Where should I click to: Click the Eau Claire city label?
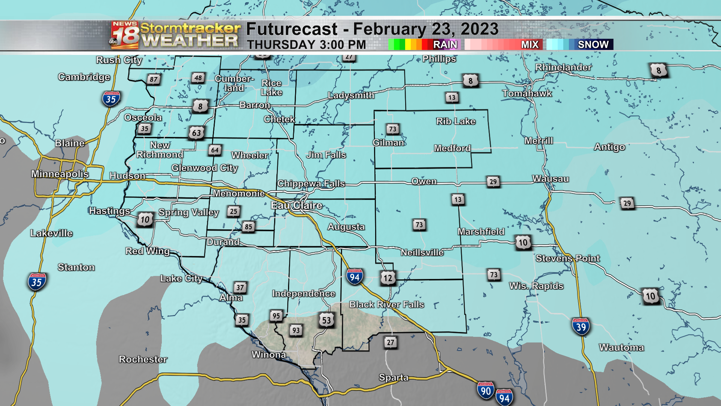(x=297, y=205)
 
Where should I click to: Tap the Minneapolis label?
(x=60, y=174)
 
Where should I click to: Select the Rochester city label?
(x=143, y=359)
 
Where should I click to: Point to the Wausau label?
(x=551, y=179)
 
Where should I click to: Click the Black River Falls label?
(x=386, y=304)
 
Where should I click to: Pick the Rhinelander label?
(x=563, y=67)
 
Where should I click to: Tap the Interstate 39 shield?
(x=581, y=327)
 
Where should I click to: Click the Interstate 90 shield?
(x=486, y=391)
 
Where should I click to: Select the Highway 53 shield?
(x=326, y=320)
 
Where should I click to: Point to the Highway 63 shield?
(x=196, y=133)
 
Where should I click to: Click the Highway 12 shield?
(x=388, y=278)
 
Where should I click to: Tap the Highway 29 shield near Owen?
(x=493, y=182)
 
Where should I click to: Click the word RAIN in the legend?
(x=445, y=44)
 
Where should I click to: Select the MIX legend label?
(x=529, y=44)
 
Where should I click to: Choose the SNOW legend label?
(x=593, y=44)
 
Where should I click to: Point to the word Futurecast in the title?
(x=292, y=29)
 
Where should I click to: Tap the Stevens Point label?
(x=567, y=258)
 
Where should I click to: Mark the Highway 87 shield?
(x=154, y=79)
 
